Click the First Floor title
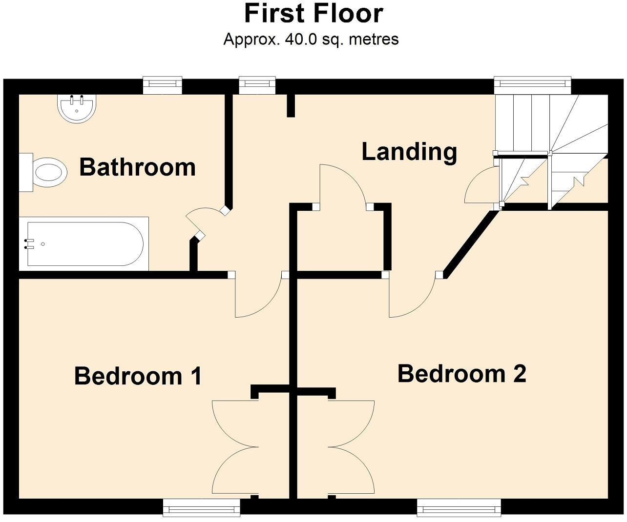point(313,14)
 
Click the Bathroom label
point(137,167)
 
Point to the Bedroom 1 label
point(138,376)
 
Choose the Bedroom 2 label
point(461,374)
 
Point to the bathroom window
point(163,85)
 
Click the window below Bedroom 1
point(201,507)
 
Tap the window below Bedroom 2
point(459,507)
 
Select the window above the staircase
point(532,85)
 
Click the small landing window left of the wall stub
point(257,85)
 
